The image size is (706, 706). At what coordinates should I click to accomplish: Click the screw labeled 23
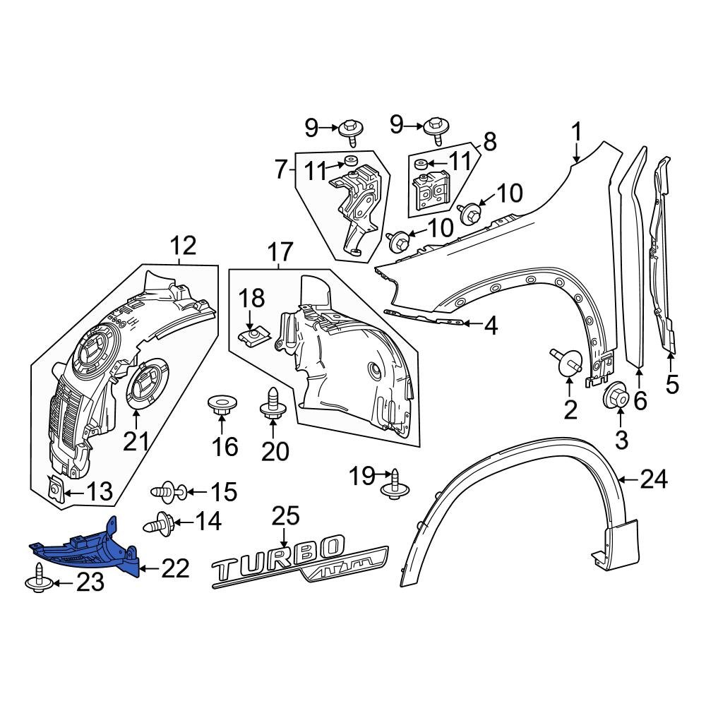click(37, 578)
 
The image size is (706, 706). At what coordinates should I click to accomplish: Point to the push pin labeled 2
click(566, 361)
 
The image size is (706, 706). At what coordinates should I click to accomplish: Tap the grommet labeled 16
click(222, 406)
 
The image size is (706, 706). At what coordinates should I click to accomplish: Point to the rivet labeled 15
click(167, 491)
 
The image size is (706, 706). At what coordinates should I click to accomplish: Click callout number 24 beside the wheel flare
click(653, 480)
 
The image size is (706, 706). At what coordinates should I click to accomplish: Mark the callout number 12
click(182, 246)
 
